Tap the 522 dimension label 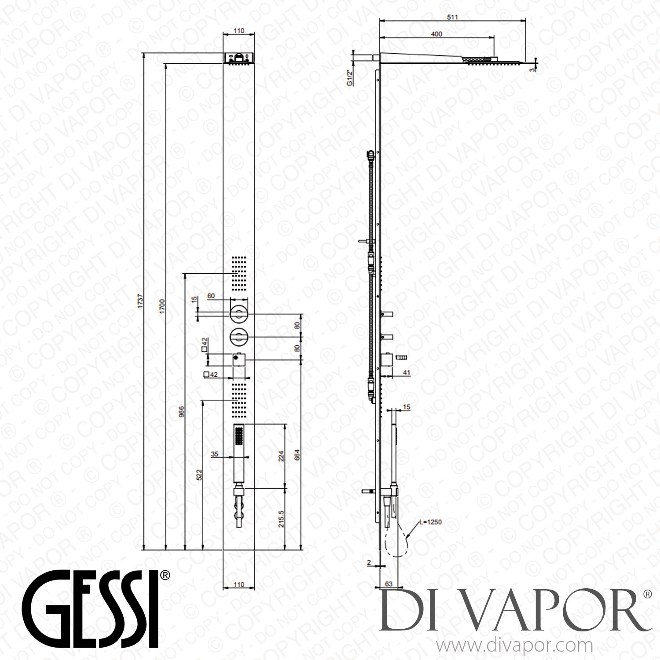click(x=199, y=474)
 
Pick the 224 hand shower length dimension click(x=282, y=455)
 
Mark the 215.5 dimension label click(x=282, y=519)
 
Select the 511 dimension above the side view click(x=452, y=17)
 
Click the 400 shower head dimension click(x=436, y=34)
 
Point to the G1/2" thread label click(x=349, y=77)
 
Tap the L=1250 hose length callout click(x=430, y=522)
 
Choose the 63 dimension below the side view click(x=389, y=584)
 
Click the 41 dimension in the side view click(x=406, y=372)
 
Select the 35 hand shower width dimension click(x=215, y=454)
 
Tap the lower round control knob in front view click(x=239, y=337)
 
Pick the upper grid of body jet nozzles click(x=239, y=273)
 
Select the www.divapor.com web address click(x=514, y=646)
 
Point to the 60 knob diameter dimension click(x=211, y=296)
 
